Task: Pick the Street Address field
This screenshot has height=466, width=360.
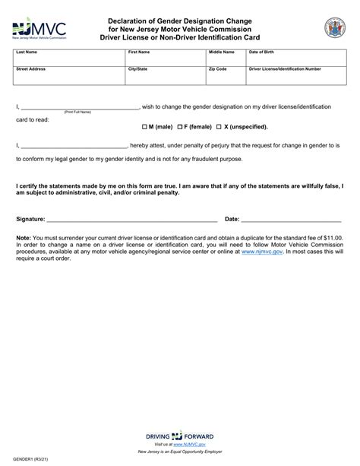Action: click(69, 76)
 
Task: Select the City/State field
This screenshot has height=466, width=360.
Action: click(165, 76)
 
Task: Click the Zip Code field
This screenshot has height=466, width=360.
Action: click(225, 76)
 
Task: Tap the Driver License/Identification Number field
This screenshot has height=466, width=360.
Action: click(296, 76)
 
